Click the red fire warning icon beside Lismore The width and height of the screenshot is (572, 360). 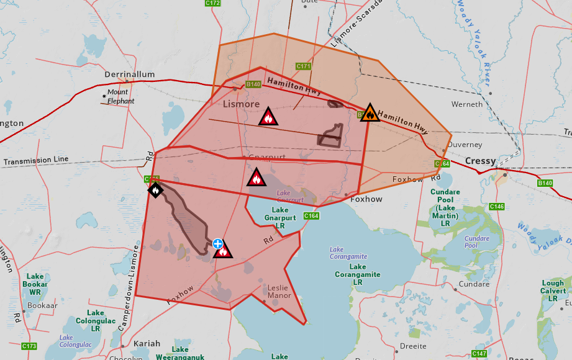coord(268,117)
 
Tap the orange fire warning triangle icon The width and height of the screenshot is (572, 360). coord(370,113)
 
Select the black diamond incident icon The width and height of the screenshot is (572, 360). coord(155,190)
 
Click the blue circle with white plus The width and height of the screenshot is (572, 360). coord(217,243)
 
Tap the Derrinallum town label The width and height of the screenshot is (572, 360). coord(129,74)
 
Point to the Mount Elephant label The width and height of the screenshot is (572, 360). coord(120,97)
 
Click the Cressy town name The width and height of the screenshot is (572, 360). coord(480,161)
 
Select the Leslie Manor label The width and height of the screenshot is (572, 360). coord(279,292)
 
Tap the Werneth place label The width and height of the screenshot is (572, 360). coord(466,104)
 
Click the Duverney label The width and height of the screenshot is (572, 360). coord(465,145)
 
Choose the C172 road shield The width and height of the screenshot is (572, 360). coord(212,3)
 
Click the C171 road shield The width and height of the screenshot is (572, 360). coord(304,66)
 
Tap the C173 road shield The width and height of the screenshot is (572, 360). coord(29,346)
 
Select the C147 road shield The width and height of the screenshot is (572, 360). coord(479,354)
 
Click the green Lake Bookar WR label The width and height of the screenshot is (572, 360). coord(35,284)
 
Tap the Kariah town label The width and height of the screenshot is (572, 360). coord(147,343)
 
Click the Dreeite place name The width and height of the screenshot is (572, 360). coord(413,346)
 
